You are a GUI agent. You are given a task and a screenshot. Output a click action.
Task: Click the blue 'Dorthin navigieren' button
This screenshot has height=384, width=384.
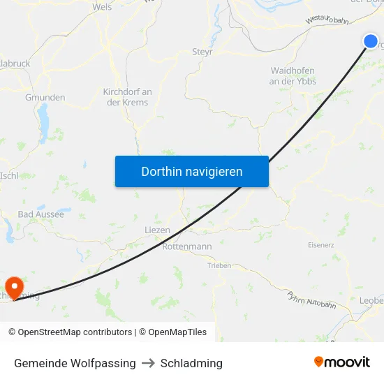tap(191, 171)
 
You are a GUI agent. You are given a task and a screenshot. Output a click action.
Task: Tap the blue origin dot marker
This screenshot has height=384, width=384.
tap(371, 41)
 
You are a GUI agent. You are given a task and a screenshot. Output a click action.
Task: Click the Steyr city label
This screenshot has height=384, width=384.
tap(202, 52)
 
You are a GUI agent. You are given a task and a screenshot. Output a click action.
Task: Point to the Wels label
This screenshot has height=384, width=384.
tap(102, 7)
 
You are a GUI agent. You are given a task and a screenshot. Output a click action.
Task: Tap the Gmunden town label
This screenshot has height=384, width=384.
tap(45, 97)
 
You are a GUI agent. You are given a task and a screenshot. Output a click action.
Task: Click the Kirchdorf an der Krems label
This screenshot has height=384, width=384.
tap(127, 97)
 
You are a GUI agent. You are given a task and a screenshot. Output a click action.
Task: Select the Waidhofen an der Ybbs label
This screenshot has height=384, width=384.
tap(293, 76)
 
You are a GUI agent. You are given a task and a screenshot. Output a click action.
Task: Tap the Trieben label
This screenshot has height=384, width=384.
tap(219, 265)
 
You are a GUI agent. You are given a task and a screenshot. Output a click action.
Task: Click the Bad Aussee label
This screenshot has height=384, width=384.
tap(40, 214)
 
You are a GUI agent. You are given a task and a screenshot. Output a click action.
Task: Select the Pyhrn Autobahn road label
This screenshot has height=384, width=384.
tap(311, 300)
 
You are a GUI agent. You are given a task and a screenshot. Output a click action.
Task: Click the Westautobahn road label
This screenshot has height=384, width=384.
tap(327, 22)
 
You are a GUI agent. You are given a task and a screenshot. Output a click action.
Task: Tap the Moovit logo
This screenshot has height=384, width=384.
tap(341, 362)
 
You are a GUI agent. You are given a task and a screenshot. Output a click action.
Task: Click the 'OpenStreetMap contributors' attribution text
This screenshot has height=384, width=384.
tap(75, 332)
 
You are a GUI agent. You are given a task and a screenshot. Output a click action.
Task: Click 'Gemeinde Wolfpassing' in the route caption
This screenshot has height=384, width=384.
tap(75, 363)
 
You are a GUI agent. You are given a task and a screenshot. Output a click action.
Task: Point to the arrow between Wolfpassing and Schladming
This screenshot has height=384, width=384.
tap(148, 363)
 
